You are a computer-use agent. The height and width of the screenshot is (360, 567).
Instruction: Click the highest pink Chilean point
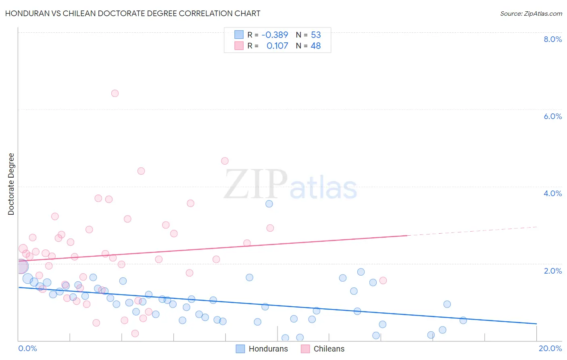pos(115,93)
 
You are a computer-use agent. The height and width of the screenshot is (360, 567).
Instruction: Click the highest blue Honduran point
pos(269,204)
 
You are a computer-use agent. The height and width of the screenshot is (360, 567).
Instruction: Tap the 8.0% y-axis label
pos(552,39)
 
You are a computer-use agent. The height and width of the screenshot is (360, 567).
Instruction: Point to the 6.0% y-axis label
pos(552,116)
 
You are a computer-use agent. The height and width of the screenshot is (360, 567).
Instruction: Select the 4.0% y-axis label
pos(552,193)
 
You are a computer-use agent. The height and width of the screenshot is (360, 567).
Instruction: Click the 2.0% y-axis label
pos(552,271)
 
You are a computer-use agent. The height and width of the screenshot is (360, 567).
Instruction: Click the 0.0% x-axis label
pos(27,348)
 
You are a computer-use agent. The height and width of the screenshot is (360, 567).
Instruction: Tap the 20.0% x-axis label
pos(550,348)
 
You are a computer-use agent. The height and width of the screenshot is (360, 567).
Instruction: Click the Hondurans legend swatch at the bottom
pos(240,349)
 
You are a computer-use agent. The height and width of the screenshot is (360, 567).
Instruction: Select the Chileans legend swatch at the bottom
pos(305,349)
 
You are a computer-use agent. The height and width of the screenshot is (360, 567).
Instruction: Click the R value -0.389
pos(275,35)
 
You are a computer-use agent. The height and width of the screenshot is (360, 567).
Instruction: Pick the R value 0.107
pos(277,46)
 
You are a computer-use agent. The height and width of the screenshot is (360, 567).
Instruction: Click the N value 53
pos(316,35)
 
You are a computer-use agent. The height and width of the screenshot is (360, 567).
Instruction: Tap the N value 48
pos(316,46)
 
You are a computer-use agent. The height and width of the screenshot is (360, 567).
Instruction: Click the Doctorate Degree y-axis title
pos(11,184)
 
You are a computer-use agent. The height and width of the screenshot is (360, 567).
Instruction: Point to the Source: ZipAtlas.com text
pos(531,13)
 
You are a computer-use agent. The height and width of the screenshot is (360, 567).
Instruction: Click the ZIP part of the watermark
pos(256,184)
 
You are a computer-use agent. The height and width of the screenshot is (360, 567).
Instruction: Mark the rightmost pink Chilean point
pos(383,280)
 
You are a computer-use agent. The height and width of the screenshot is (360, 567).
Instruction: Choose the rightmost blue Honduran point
pos(463,320)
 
